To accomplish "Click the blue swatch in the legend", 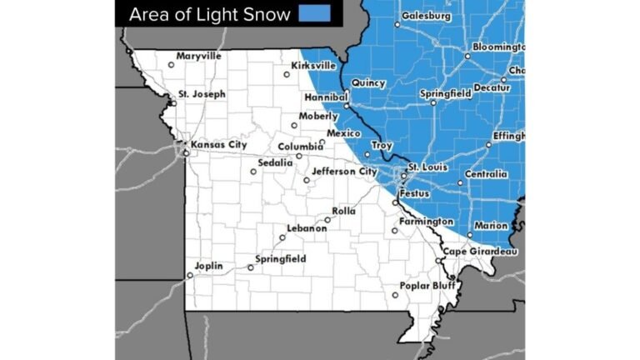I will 315,13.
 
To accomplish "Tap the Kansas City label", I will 219,145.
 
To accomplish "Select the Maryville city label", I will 199,56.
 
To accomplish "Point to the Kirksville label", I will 313,65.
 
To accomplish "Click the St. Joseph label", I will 202,94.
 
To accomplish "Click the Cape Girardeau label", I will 480,252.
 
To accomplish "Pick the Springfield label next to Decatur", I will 446,93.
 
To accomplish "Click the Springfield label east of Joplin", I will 281,259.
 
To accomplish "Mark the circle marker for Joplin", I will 190,275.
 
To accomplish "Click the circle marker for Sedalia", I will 253,172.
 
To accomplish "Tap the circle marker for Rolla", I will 327,220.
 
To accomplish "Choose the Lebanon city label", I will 307,227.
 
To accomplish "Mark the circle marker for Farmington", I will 395,231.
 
